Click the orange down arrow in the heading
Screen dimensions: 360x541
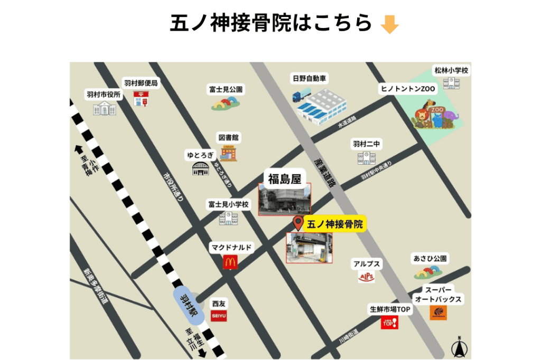tap(389, 24)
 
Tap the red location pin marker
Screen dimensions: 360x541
tap(298, 223)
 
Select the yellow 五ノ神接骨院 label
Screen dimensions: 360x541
tap(335, 225)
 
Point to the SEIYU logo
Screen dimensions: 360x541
tap(218, 316)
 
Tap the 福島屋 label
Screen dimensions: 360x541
tap(284, 178)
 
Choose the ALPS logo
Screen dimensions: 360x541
tap(366, 276)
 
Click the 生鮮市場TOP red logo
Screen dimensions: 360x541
tap(389, 322)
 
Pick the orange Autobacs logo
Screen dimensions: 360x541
tap(438, 312)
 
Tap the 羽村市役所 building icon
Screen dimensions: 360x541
tap(104, 108)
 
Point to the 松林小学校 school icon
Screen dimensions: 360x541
tap(451, 83)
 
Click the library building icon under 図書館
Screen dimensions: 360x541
tap(229, 154)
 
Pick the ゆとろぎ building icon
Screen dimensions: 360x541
tap(200, 168)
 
